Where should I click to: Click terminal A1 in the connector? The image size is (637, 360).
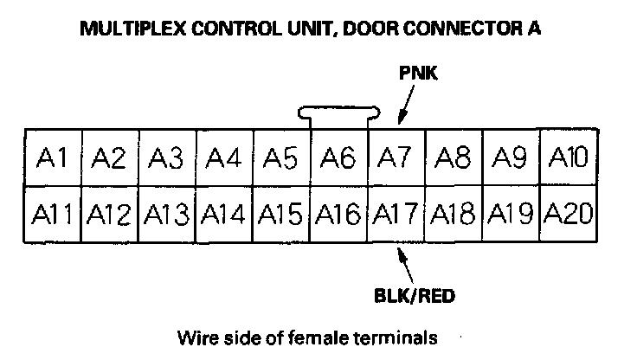click(54, 157)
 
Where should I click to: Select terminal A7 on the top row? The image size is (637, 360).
click(396, 157)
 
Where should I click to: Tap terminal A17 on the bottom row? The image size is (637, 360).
click(396, 213)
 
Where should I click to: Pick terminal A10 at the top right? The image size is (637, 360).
click(569, 157)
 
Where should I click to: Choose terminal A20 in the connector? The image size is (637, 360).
click(569, 213)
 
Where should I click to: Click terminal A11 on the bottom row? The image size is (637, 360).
click(54, 213)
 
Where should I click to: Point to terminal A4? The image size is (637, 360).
click(225, 157)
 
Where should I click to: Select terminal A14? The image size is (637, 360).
click(225, 213)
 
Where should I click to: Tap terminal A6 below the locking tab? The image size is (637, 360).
click(339, 157)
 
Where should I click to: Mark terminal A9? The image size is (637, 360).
click(511, 157)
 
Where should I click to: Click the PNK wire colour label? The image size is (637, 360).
click(419, 74)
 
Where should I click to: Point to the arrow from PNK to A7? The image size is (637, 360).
click(403, 106)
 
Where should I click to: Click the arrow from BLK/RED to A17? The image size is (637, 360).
click(403, 263)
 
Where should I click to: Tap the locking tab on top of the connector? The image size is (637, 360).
click(339, 112)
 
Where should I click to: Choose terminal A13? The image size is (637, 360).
click(168, 213)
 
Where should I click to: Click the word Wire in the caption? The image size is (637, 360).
click(194, 336)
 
